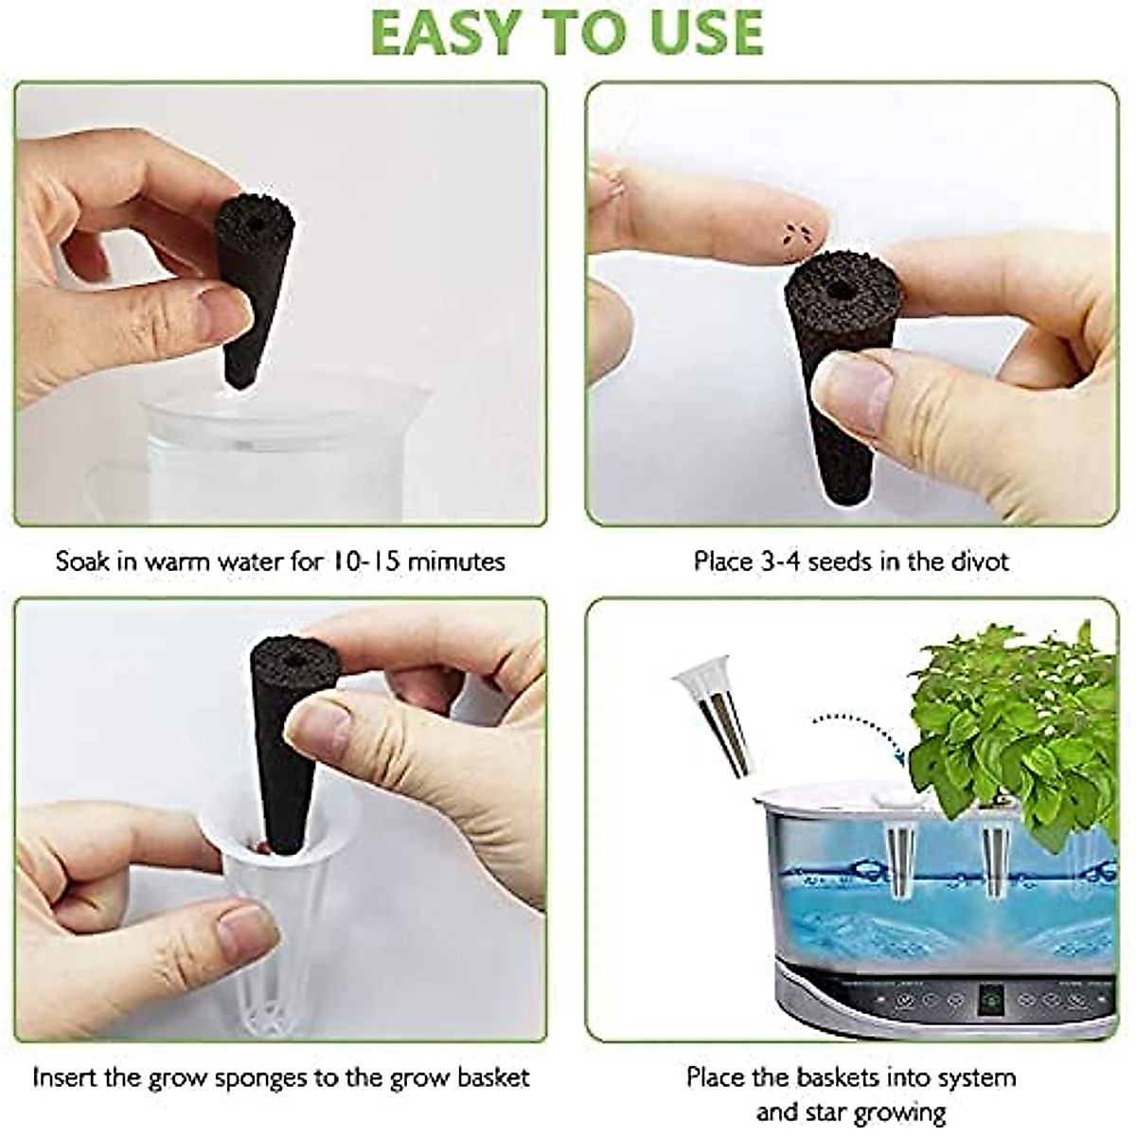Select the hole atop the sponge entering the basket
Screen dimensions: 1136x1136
point(290,654)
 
